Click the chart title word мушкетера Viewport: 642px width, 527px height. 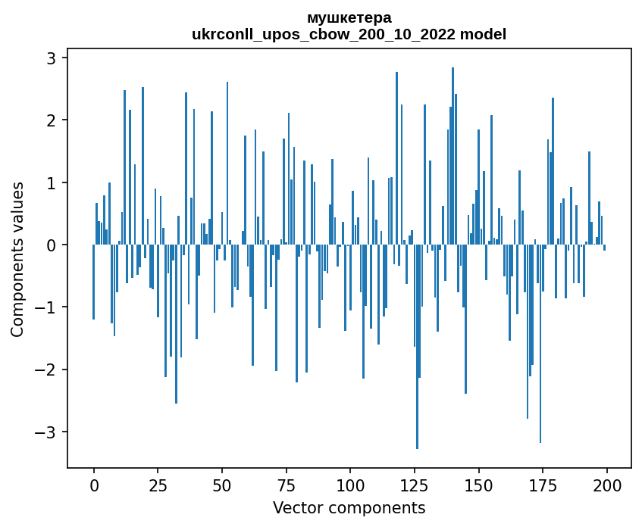point(349,17)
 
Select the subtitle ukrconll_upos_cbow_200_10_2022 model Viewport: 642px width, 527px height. point(349,34)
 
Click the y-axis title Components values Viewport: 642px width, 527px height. point(17,259)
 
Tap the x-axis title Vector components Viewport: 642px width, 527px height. point(349,507)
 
